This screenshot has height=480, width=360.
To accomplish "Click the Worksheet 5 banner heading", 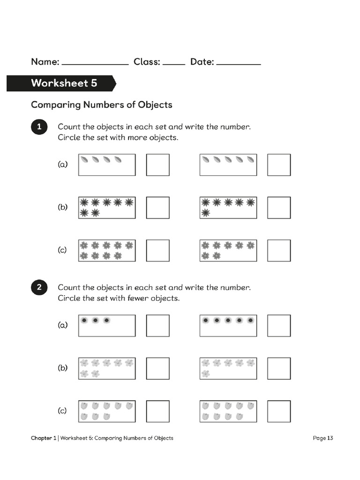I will coord(64,83).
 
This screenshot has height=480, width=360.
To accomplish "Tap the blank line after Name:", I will coord(95,64).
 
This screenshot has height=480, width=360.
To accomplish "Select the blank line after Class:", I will coord(173,64).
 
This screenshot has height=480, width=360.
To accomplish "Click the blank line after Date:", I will coord(239,64).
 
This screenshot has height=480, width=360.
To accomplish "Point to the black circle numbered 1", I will coord(39,127).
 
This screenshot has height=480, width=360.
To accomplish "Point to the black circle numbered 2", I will coord(39,288).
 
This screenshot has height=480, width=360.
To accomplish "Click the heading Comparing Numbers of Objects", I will coord(101,105).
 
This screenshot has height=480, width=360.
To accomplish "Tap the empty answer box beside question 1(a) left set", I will coord(157,165).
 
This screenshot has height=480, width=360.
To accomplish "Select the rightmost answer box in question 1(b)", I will coord(279,208).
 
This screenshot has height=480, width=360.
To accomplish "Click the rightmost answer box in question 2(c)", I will coord(279,411).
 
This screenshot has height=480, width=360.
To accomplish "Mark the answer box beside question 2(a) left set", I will coord(157,325).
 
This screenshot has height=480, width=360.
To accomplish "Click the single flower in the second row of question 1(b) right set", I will coord(205,213).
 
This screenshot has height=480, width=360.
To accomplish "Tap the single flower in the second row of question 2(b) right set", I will coord(205,374).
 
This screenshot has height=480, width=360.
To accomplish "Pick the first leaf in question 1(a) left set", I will coord(84,160).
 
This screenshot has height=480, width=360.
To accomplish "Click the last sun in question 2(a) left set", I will coord(107,320).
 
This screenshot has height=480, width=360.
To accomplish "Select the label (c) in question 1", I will coord(62,250).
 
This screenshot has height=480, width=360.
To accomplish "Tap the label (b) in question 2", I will coord(62,368).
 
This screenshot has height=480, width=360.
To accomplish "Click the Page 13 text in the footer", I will coord(322,438).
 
